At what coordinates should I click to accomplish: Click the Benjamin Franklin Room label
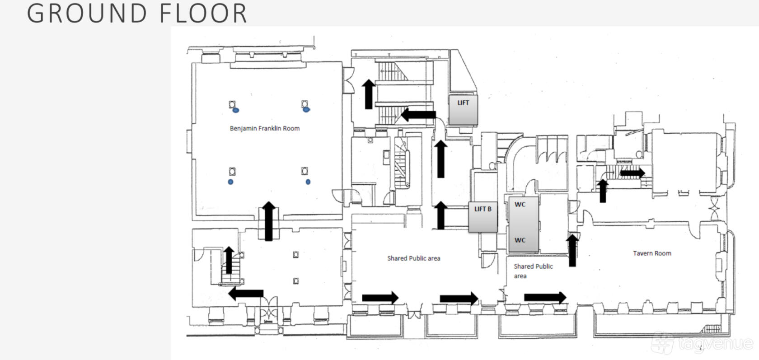click(265, 128)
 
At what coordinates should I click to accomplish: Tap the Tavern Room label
click(652, 253)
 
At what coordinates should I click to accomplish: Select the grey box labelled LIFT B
click(483, 217)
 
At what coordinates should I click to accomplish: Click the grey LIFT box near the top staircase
click(463, 110)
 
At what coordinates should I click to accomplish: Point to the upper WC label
click(520, 205)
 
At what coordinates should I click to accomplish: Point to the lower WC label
click(520, 240)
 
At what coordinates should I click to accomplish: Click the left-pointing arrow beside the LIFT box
click(418, 115)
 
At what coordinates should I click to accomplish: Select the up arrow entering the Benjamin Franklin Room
click(269, 221)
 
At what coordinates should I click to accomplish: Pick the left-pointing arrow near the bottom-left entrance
click(246, 293)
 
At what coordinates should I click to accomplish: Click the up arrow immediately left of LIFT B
click(441, 215)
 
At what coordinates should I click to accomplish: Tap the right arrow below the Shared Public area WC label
click(545, 298)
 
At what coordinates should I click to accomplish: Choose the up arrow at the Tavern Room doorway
click(572, 250)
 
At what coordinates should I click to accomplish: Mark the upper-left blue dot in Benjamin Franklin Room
click(236, 110)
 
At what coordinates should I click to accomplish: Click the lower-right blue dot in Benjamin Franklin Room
click(308, 182)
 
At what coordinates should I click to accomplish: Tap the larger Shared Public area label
click(414, 258)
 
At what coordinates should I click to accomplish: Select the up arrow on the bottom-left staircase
click(229, 260)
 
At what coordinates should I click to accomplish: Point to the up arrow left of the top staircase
click(369, 94)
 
